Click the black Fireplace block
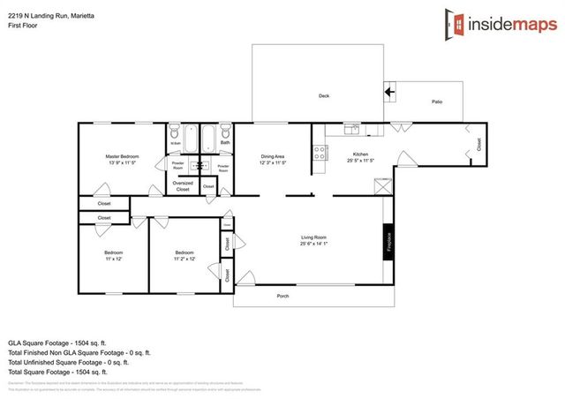(387, 242)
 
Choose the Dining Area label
(272, 156)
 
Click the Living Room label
(314, 237)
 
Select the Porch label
(282, 296)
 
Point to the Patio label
(436, 102)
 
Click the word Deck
(324, 96)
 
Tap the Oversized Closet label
(183, 186)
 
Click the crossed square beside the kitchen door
(381, 186)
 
